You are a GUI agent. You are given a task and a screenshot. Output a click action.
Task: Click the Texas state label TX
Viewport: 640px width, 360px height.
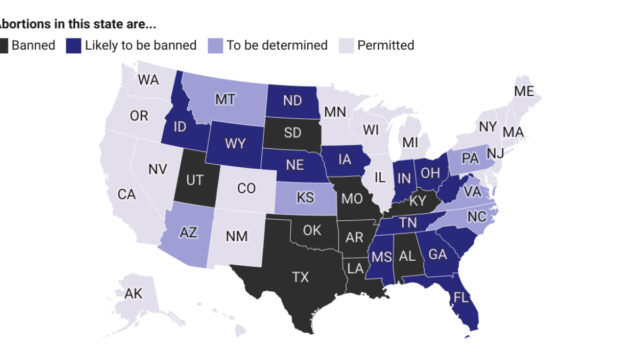pos(300,277)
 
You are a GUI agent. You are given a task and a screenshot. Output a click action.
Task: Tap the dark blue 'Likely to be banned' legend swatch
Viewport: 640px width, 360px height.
pos(74,45)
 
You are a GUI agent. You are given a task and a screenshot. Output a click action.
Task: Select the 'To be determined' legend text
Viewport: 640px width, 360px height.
pos(277,45)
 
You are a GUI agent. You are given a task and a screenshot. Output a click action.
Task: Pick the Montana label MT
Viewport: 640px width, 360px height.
pos(226,100)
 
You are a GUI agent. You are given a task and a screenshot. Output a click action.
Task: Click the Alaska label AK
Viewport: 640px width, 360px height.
pos(133,293)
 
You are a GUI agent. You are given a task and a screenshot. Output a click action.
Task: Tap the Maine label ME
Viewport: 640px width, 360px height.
pos(524,91)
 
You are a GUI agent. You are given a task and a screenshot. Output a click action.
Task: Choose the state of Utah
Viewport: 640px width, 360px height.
pos(195,180)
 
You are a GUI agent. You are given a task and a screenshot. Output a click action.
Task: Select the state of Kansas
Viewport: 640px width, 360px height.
pos(305,198)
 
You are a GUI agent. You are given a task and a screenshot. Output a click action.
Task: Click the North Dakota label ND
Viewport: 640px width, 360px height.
pos(292,100)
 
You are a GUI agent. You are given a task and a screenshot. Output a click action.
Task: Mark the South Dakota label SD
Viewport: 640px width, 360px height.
pos(292,132)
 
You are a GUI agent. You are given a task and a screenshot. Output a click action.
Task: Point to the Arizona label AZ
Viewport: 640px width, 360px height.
pos(189,233)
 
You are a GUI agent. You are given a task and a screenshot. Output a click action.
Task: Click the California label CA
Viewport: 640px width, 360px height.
pos(127,195)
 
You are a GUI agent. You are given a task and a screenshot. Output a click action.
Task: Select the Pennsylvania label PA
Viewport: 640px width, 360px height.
pos(470,158)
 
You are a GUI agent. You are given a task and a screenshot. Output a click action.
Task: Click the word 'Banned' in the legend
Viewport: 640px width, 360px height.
pos(33,45)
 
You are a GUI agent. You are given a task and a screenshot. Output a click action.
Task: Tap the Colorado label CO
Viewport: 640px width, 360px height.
pos(246,188)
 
